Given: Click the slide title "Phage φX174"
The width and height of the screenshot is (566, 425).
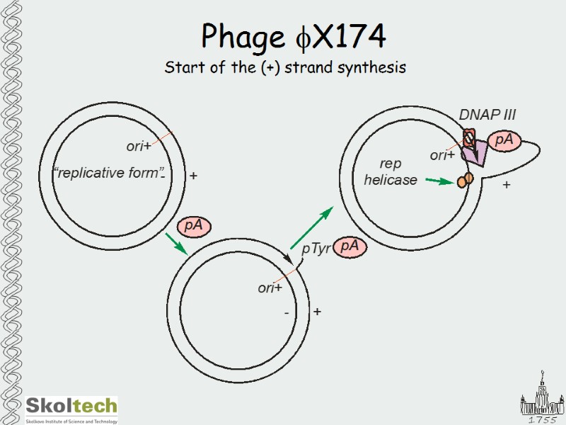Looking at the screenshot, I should click(x=294, y=36).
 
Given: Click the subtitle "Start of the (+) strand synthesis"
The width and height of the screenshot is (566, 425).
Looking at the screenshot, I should click(x=285, y=68).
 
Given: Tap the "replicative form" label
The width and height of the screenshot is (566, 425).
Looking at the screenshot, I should click(x=109, y=172).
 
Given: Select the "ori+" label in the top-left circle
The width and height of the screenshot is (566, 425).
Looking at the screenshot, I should click(x=139, y=147).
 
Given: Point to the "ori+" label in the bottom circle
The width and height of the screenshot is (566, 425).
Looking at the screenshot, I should click(x=270, y=288).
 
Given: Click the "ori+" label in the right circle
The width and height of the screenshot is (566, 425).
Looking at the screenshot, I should click(x=442, y=155).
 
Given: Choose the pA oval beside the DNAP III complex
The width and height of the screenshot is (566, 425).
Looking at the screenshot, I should click(x=504, y=140).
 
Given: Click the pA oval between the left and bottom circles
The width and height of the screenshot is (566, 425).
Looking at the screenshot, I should click(x=194, y=225).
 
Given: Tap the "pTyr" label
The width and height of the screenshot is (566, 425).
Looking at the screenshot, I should click(x=316, y=249).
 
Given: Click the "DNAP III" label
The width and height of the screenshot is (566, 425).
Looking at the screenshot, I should click(x=487, y=115).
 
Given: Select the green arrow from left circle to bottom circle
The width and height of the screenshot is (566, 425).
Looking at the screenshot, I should click(x=177, y=243).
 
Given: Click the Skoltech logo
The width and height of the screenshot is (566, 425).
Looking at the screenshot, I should click(x=71, y=409).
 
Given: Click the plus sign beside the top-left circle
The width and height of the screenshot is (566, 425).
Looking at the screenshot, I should click(x=193, y=176).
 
